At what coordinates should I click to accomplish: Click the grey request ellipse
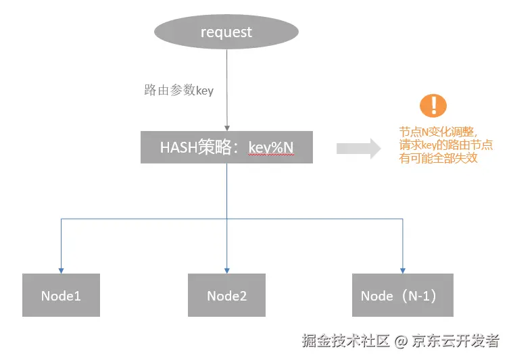point(226,32)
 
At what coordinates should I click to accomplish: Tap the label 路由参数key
point(178,91)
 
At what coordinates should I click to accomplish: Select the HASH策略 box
point(226,147)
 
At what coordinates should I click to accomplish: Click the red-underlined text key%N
point(271,148)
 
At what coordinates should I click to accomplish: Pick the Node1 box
point(61,295)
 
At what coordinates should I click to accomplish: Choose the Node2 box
point(226,295)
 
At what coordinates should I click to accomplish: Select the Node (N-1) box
point(402,295)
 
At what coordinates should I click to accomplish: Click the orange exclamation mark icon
point(433,105)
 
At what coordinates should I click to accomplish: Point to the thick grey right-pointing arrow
point(358,149)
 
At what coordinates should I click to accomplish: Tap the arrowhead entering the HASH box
point(227,128)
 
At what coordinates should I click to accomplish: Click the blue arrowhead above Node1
point(61,271)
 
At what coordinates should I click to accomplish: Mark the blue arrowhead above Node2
point(227,271)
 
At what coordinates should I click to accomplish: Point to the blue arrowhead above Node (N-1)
point(402,271)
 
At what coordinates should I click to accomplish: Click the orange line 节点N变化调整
point(438,132)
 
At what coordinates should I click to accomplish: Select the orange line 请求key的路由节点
point(445,145)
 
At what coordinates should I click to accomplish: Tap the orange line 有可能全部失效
point(438,158)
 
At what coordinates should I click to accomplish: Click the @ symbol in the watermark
point(401,341)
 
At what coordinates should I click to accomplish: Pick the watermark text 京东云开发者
point(456,341)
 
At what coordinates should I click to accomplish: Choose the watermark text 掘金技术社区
point(346,341)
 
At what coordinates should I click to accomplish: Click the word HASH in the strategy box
point(178,148)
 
